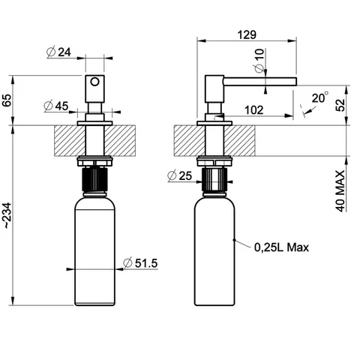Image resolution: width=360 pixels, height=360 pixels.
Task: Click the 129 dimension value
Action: (x=247, y=34)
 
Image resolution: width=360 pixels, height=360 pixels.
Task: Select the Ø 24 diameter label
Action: (x=58, y=52)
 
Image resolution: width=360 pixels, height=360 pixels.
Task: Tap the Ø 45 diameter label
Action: (x=56, y=106)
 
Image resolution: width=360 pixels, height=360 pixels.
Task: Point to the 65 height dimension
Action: (x=7, y=100)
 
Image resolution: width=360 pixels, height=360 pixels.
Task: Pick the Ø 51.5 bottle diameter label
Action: (x=140, y=263)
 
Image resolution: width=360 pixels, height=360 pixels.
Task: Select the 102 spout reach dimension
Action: (x=253, y=110)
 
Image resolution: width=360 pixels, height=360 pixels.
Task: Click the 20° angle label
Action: (x=320, y=97)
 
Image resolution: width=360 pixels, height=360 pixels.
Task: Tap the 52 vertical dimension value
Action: (x=340, y=105)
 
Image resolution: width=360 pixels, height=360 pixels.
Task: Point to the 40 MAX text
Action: (x=340, y=191)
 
